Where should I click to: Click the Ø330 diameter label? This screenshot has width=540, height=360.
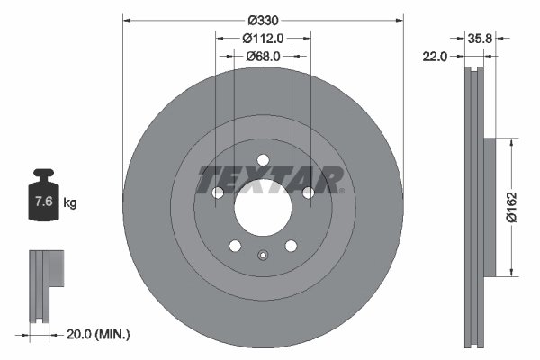(x=263, y=20)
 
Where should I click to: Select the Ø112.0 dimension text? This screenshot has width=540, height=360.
(x=263, y=38)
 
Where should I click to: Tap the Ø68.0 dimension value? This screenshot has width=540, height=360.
(x=263, y=56)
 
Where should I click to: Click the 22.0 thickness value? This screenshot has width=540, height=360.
(x=436, y=57)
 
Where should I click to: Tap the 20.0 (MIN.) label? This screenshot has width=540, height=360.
(x=100, y=333)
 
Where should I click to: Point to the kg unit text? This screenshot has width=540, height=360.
(x=70, y=203)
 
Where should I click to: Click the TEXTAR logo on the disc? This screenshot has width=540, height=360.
(x=269, y=179)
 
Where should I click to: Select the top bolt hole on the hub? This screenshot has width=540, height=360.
(x=263, y=161)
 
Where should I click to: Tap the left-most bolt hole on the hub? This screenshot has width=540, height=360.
(x=217, y=193)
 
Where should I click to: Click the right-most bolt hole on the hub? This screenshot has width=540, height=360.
(x=308, y=193)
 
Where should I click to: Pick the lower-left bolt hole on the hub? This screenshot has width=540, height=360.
(x=235, y=247)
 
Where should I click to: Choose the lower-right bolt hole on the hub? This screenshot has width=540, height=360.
(x=291, y=247)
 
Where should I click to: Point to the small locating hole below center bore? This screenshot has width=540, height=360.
(x=263, y=254)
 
